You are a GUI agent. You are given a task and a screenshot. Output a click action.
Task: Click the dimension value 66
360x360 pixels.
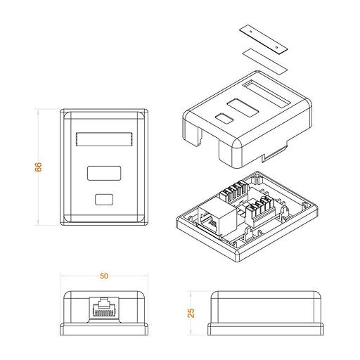pos(38,167)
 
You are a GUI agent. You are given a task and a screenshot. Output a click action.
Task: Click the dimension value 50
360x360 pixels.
pos(104,276)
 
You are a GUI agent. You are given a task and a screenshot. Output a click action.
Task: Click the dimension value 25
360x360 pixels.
pos(191,313)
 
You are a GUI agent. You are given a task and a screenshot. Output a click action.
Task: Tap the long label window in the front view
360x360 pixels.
pos(104,139)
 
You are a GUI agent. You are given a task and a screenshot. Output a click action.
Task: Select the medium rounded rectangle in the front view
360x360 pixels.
pos(104,173)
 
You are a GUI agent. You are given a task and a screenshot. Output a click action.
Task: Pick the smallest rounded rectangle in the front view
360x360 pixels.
pos(104,200)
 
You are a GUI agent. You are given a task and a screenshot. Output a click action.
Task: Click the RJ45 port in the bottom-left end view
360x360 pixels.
pos(104,308)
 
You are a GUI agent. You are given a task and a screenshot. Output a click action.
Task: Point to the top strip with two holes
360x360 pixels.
pos(264,39)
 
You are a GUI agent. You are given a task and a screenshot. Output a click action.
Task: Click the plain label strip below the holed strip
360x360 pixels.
pos(264,62)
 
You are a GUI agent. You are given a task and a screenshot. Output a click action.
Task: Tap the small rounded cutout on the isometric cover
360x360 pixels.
pos(224,118)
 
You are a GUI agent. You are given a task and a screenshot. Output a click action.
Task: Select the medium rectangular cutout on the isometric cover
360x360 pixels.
pos(243,108)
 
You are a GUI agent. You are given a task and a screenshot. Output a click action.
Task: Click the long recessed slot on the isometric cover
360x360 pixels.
pos(266,94)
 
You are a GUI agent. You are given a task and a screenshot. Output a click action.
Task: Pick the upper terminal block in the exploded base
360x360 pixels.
pos(234,192)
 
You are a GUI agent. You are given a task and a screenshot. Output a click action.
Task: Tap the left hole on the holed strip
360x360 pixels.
pos(251,31)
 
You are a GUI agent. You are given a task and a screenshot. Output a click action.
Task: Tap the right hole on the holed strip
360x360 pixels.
pos(277,47)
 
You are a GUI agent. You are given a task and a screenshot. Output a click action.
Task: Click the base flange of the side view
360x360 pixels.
pos(266,329)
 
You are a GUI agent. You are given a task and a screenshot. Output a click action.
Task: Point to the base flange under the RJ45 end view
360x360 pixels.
pos(104,329)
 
